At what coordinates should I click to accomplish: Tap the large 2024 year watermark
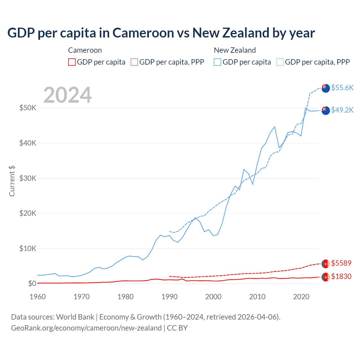click(x=67, y=95)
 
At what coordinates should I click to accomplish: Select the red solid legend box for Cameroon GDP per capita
click(x=72, y=62)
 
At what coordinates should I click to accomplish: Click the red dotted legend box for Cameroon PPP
click(x=134, y=62)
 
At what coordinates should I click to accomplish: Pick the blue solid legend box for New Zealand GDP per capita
click(x=217, y=62)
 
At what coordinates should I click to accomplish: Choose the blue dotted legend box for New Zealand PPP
click(x=280, y=62)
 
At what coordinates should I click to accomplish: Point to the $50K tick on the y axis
click(x=28, y=108)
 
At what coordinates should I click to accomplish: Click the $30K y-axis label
click(x=28, y=178)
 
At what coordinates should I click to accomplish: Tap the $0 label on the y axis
click(x=32, y=283)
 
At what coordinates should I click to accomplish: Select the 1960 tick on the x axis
click(x=38, y=297)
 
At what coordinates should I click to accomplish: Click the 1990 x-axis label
click(x=170, y=297)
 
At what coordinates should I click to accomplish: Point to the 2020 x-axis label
click(x=301, y=297)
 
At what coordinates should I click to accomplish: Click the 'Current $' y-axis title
click(x=12, y=181)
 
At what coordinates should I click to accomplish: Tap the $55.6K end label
click(x=342, y=88)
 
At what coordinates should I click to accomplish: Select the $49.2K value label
click(x=342, y=110)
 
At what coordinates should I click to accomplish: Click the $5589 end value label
click(x=341, y=263)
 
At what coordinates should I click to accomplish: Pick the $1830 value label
click(x=341, y=276)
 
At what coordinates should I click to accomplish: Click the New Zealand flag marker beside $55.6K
click(x=326, y=88)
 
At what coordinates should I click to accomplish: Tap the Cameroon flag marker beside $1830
click(x=326, y=277)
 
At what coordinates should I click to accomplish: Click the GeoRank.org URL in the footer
click(x=86, y=328)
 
